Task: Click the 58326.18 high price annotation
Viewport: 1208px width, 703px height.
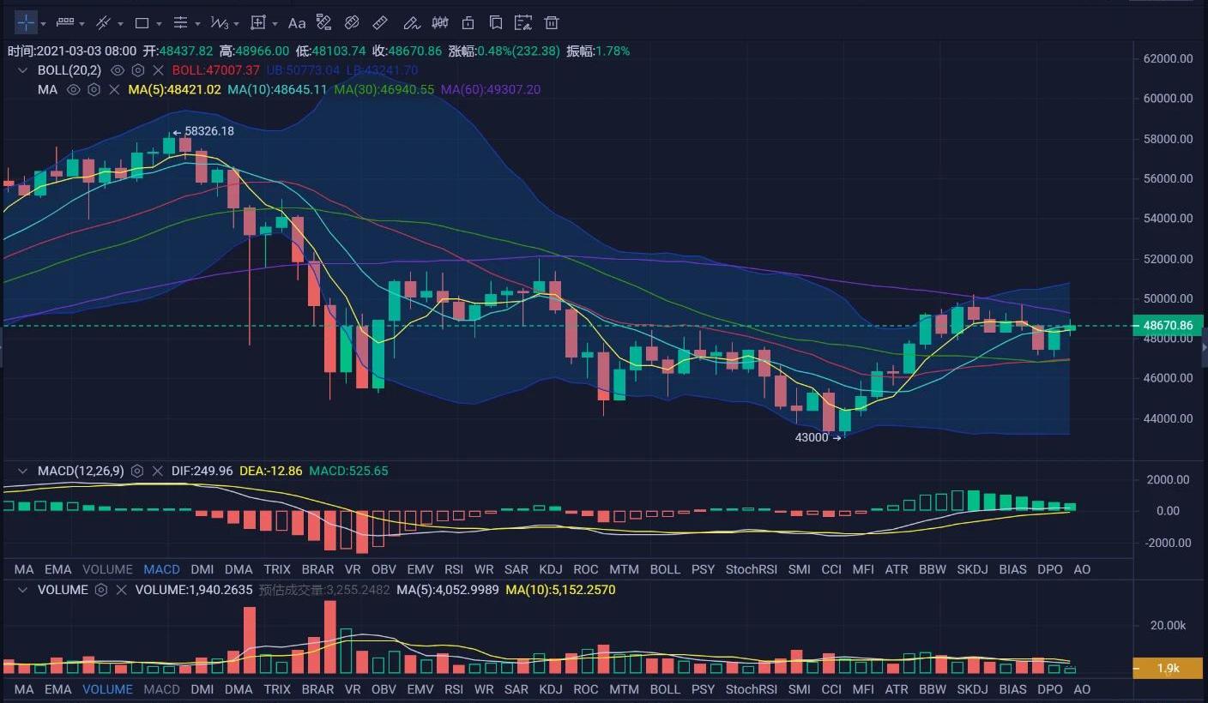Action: click(x=208, y=131)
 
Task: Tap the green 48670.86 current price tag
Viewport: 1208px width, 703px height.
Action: click(x=1168, y=326)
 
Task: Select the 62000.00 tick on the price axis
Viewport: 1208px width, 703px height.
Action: click(x=1168, y=58)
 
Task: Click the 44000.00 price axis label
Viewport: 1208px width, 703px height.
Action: click(x=1168, y=418)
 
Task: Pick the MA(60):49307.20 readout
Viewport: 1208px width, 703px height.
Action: click(x=491, y=89)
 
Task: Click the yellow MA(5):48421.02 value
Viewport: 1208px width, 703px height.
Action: click(x=174, y=89)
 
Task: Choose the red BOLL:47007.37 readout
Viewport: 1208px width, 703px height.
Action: click(x=215, y=70)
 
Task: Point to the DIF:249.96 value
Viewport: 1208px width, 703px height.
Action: click(x=202, y=471)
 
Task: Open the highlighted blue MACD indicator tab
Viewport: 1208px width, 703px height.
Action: click(x=161, y=569)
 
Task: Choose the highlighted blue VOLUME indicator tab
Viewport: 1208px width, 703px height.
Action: click(x=107, y=689)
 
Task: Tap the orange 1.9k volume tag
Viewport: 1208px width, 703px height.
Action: click(x=1168, y=668)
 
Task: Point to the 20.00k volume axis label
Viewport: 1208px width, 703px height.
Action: click(x=1168, y=626)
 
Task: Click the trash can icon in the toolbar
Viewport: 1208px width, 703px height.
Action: click(x=552, y=23)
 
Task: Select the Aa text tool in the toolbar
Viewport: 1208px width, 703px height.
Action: click(x=297, y=23)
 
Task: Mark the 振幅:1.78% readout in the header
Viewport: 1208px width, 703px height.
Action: click(x=598, y=51)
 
